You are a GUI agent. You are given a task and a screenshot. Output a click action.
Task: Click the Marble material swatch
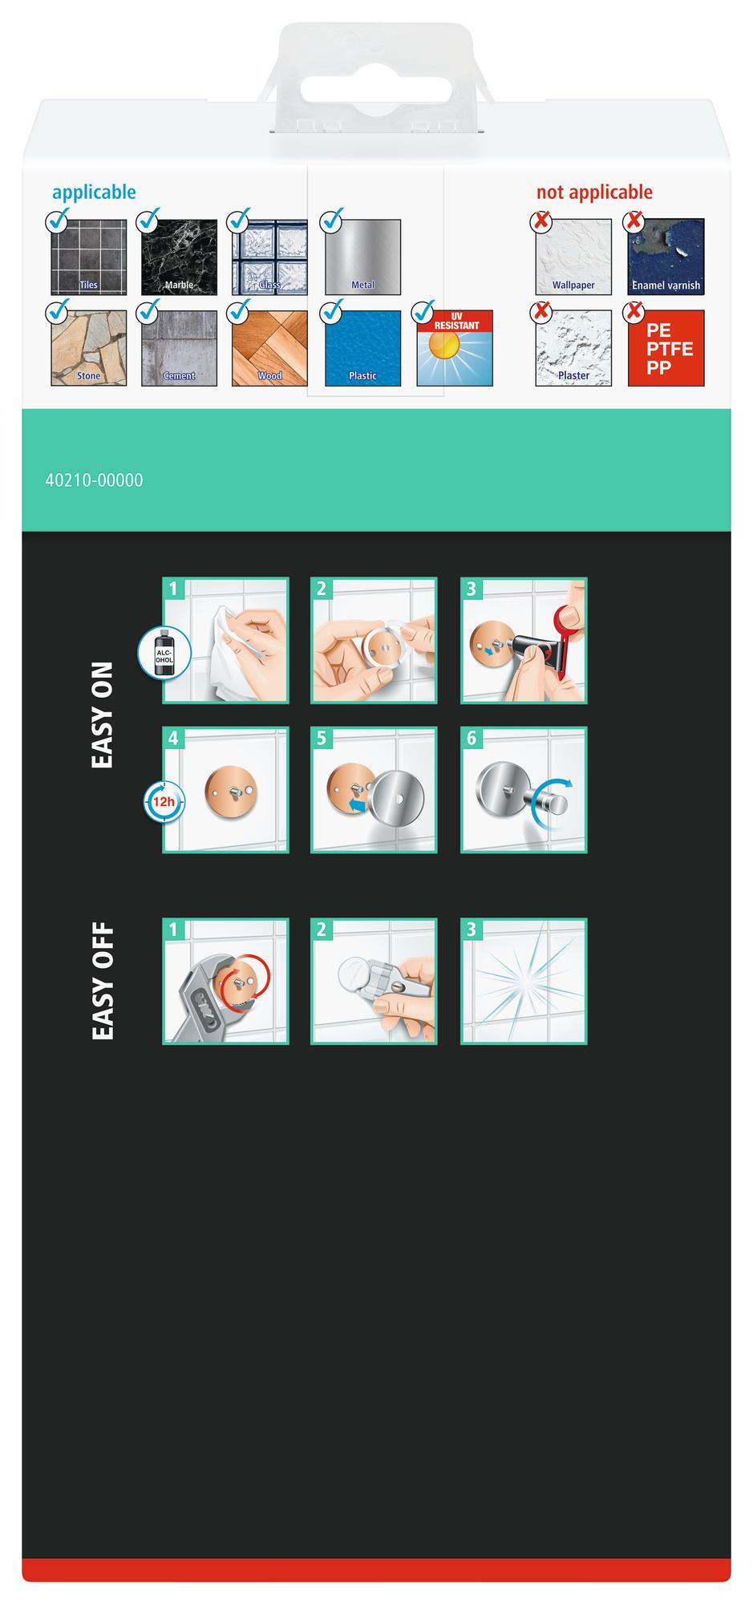[179, 257]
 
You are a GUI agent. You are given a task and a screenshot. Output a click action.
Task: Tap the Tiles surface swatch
[88, 257]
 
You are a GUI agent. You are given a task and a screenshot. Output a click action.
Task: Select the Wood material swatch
[269, 348]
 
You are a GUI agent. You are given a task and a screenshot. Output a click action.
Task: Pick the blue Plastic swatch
[362, 348]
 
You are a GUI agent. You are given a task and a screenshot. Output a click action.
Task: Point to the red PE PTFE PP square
[666, 348]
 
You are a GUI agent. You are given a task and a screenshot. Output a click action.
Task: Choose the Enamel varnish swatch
[666, 257]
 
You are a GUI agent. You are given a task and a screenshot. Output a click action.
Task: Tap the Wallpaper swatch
[573, 257]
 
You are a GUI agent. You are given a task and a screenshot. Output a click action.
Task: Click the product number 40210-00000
[95, 480]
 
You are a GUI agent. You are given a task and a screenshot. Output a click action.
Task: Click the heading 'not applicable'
[594, 192]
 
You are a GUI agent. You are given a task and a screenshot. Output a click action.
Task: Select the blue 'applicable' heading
[94, 193]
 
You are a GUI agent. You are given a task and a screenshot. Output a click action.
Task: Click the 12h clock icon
[164, 800]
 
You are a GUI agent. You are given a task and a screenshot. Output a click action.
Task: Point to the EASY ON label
[103, 715]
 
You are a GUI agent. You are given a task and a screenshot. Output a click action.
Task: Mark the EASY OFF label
[103, 983]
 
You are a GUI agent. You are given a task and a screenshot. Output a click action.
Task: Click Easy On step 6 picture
[524, 790]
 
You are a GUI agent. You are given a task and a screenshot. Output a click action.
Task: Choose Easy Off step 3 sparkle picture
[524, 982]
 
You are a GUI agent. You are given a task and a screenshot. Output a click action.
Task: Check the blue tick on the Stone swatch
[58, 308]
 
